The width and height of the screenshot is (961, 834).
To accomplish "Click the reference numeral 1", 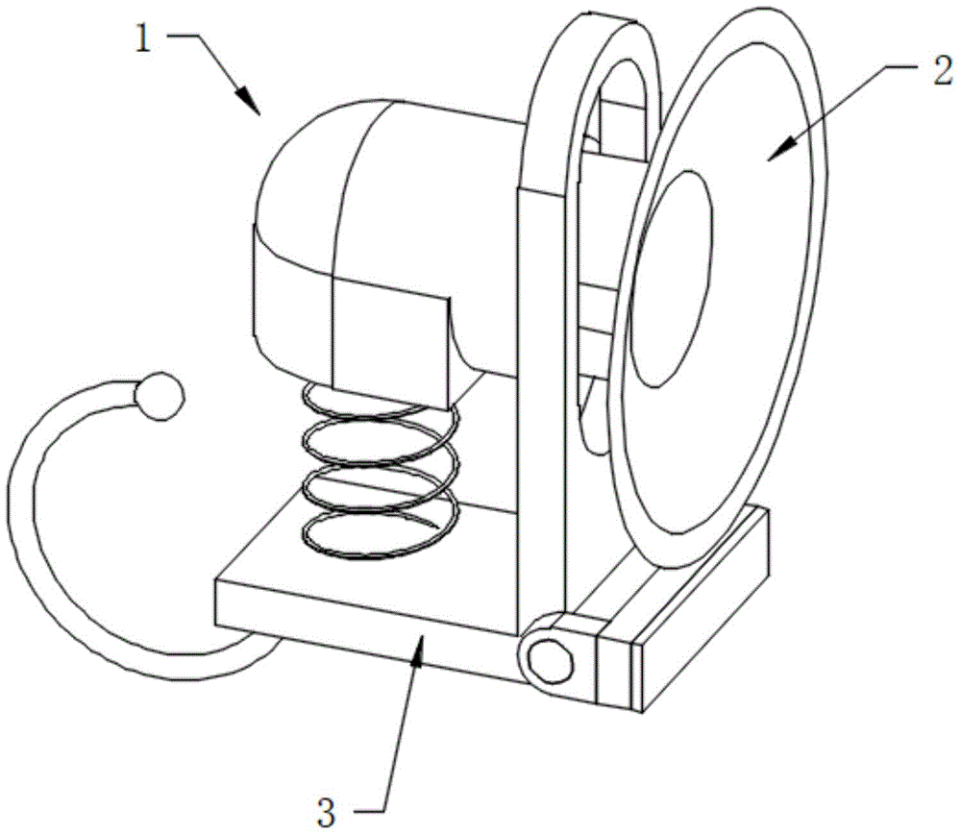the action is point(143,39).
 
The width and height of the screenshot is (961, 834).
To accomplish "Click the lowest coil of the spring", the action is point(380,535).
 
